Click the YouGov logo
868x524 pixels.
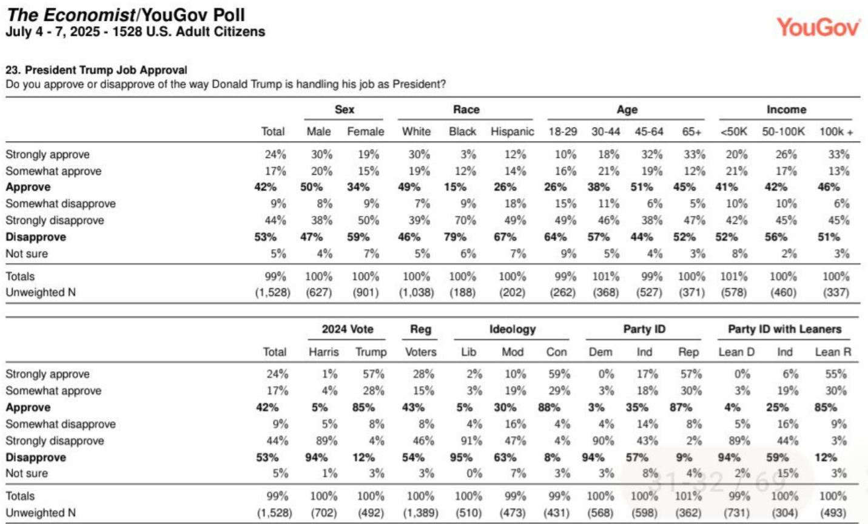[x=818, y=27]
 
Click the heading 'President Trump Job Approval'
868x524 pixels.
[x=106, y=70]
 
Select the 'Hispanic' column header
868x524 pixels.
[x=512, y=132]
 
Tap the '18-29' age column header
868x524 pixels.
[x=563, y=132]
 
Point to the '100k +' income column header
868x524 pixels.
[x=836, y=132]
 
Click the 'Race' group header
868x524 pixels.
[x=466, y=110]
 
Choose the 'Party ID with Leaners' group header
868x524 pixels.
[x=784, y=329]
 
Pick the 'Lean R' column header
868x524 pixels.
[x=833, y=352]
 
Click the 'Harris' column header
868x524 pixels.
[x=323, y=352]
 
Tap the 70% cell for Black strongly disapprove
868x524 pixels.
[x=465, y=221]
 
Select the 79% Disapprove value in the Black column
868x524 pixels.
[x=455, y=237]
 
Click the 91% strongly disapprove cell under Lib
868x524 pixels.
[x=471, y=441]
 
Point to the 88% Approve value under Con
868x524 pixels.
[x=549, y=408]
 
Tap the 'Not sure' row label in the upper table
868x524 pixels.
[x=27, y=254]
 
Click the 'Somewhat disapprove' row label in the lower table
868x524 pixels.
[x=61, y=424]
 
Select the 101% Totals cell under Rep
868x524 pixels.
[x=688, y=496]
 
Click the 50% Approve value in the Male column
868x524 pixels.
[x=311, y=187]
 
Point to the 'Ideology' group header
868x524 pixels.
[x=513, y=329]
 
